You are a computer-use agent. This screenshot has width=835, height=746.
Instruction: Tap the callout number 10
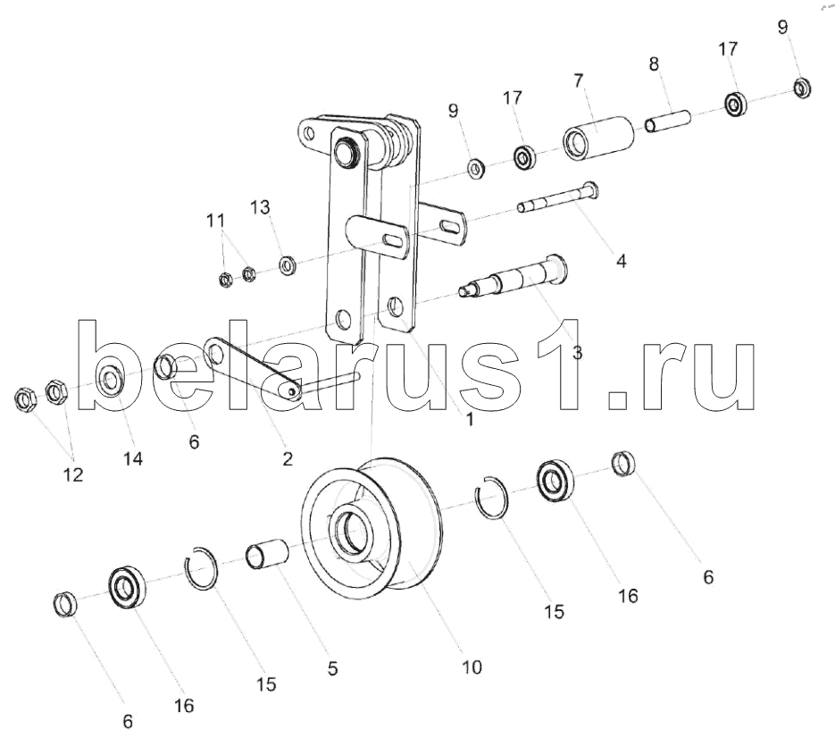point(472,666)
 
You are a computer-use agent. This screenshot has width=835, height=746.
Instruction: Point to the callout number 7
point(577,80)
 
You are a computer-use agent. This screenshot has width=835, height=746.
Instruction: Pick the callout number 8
point(654,63)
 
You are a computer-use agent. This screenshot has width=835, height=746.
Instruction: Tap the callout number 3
point(577,352)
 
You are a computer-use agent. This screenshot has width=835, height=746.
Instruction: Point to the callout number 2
point(287,459)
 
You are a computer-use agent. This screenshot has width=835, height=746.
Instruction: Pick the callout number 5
point(332,667)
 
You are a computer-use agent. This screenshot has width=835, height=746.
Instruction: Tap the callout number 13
point(259,208)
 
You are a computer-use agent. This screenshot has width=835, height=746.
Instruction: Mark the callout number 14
point(133,458)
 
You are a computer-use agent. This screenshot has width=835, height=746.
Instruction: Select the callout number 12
point(73,475)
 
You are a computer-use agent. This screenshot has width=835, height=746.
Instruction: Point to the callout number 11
point(216,219)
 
